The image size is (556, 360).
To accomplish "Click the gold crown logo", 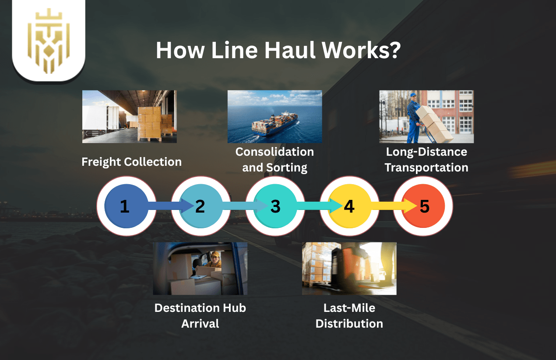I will pyautogui.click(x=49, y=42).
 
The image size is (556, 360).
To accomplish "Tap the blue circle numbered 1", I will pyautogui.click(x=125, y=206).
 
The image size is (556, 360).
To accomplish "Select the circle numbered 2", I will pyautogui.click(x=201, y=206).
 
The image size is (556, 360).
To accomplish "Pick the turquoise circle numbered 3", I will pyautogui.click(x=275, y=206).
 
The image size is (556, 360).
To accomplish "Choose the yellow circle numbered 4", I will pyautogui.click(x=349, y=206).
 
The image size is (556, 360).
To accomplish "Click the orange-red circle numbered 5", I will pyautogui.click(x=424, y=206).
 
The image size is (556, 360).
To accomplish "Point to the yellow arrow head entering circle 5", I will pyautogui.click(x=409, y=206).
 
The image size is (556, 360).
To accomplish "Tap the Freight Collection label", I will pyautogui.click(x=131, y=162).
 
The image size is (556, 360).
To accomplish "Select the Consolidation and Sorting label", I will pyautogui.click(x=274, y=160).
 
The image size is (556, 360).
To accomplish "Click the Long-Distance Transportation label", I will pyautogui.click(x=426, y=160).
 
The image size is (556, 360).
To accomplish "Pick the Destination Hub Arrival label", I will pyautogui.click(x=200, y=315).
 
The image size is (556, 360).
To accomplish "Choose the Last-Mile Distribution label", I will pyautogui.click(x=349, y=315).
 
